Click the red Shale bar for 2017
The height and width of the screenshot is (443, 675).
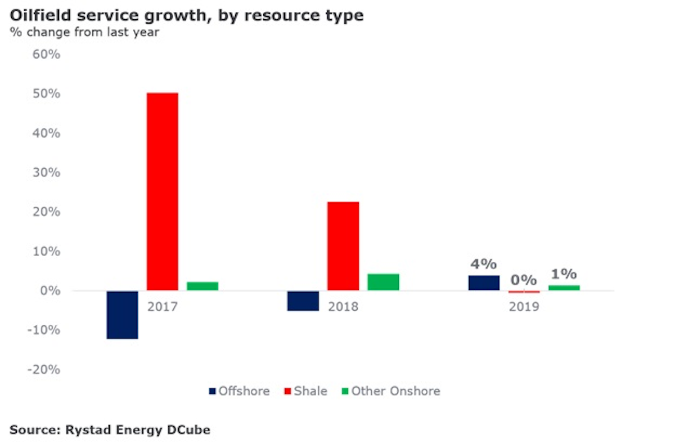tap(163, 191)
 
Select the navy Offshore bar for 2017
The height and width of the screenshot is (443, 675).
tap(122, 315)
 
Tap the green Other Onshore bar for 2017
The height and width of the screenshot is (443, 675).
tap(202, 286)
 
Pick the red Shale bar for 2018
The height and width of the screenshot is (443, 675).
tap(343, 246)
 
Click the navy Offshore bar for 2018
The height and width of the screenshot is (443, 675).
tap(303, 301)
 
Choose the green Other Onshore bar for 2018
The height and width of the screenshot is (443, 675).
tap(383, 282)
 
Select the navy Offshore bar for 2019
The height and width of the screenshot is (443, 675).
tap(484, 283)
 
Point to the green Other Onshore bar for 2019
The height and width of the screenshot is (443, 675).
tap(564, 288)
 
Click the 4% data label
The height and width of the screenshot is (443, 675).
tap(484, 263)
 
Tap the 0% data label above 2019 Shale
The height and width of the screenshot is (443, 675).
tap(524, 280)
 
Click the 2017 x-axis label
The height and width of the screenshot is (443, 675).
tap(163, 307)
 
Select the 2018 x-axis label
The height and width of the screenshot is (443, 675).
tap(343, 307)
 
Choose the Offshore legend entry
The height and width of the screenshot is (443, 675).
tap(239, 391)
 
